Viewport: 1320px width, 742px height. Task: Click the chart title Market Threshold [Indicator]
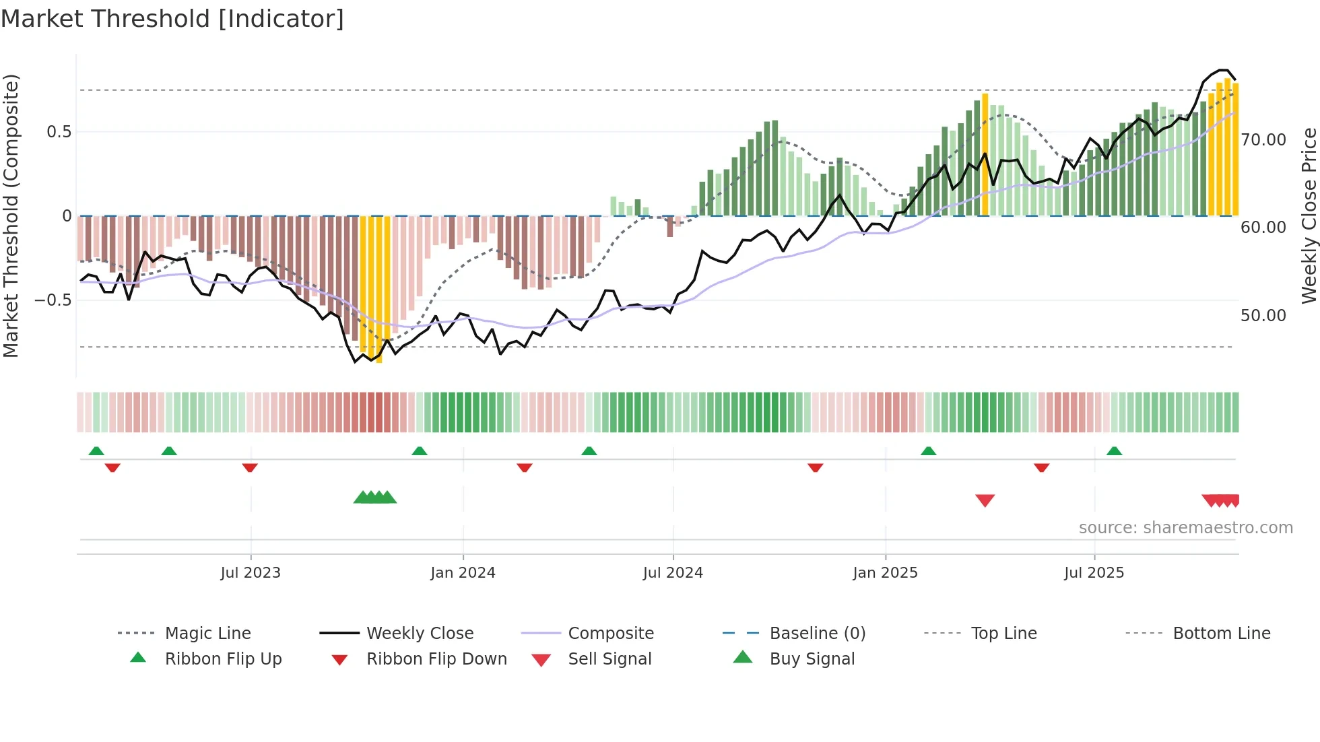(172, 19)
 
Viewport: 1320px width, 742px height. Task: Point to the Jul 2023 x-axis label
(251, 573)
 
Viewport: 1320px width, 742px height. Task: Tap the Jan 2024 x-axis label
(463, 573)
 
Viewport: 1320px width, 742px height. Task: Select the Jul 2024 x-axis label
(673, 573)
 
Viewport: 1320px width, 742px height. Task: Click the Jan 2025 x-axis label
(885, 573)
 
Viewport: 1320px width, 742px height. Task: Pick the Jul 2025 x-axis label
(1094, 573)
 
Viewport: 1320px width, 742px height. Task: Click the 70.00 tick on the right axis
(1263, 140)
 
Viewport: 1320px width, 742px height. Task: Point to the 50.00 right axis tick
(1263, 316)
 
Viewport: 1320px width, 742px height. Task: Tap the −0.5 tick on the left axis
(53, 300)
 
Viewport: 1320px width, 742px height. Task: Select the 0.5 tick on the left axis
(59, 132)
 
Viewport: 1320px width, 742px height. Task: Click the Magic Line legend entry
(207, 634)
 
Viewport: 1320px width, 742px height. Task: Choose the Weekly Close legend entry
(420, 634)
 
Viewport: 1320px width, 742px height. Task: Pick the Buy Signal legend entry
(812, 659)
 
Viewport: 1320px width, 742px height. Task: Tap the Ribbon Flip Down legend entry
(436, 659)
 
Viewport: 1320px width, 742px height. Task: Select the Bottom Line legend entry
(1221, 634)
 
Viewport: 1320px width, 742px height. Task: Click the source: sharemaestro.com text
(1185, 528)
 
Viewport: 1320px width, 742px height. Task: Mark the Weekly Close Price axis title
(1309, 215)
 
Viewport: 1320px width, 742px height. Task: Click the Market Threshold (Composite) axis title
(11, 215)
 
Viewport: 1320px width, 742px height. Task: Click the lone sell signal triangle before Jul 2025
(985, 500)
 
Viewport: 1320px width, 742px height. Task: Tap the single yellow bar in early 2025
(985, 155)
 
